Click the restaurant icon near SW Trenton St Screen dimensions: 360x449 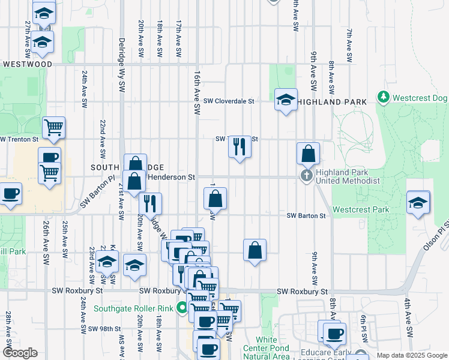pos(240,146)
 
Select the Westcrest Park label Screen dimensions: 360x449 pos(360,210)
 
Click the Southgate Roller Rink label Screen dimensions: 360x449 pos(134,309)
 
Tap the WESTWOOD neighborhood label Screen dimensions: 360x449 pos(26,64)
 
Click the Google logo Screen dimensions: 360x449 pos(20,353)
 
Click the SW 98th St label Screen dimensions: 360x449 pos(104,329)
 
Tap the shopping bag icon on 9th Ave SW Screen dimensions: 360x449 pos(308,154)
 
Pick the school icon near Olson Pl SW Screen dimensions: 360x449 pos(418,202)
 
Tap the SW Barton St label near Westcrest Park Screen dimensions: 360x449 pos(306,215)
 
